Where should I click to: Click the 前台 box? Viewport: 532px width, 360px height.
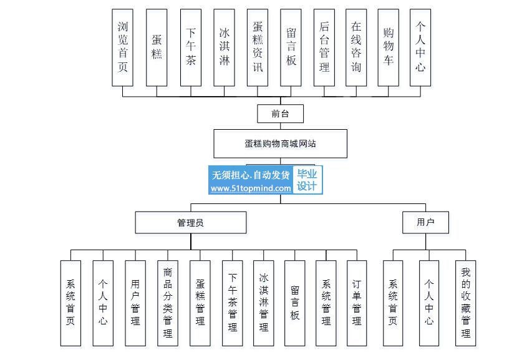tap(280, 114)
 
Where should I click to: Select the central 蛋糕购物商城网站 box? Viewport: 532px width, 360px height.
tap(280, 144)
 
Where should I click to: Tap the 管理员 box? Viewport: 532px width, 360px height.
tap(191, 223)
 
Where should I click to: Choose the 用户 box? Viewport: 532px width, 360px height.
tap(425, 223)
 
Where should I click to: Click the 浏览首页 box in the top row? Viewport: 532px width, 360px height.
tap(122, 47)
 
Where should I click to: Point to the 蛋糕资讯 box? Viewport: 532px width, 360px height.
tap(258, 47)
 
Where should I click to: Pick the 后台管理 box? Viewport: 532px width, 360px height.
tap(324, 47)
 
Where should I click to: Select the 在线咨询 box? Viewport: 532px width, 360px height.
tap(356, 47)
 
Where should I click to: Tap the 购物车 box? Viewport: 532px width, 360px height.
tap(389, 47)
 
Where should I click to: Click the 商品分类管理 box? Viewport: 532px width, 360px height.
tap(168, 303)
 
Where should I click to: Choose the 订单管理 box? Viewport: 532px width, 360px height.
tap(357, 303)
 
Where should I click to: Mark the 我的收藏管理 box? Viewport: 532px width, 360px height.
tap(465, 303)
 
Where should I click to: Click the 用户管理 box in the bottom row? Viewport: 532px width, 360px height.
tap(135, 303)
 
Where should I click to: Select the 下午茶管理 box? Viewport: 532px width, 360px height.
tap(233, 303)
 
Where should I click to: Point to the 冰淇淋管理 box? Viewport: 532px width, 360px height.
tap(264, 303)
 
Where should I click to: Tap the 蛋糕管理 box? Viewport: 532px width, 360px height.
tap(200, 303)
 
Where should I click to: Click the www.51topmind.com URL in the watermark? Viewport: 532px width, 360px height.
tap(251, 188)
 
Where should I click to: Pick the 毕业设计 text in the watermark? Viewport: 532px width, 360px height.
tap(307, 180)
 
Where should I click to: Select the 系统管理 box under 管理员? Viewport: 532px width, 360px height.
tap(326, 303)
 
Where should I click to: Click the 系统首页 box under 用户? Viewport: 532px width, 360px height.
tap(393, 303)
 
